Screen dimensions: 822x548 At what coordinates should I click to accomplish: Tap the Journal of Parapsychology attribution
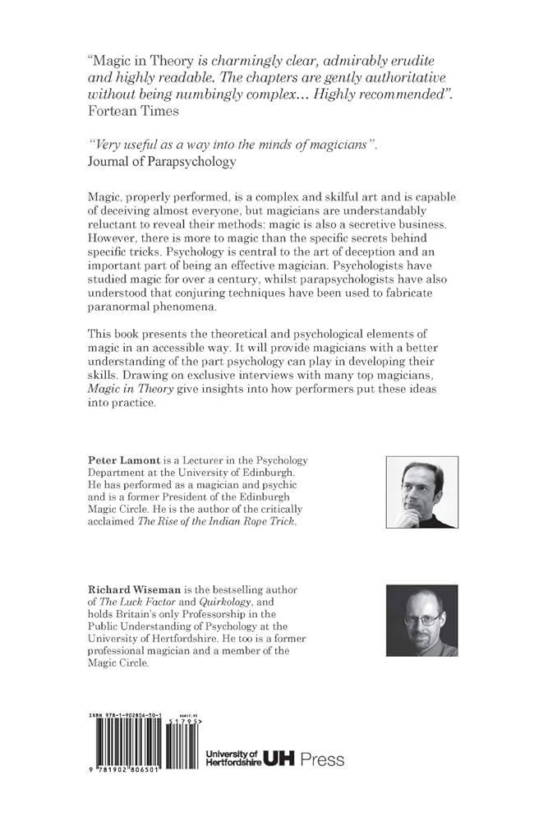point(161,161)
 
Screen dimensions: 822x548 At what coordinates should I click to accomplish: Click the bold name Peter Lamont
point(123,461)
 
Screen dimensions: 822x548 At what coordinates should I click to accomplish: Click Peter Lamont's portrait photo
point(421,492)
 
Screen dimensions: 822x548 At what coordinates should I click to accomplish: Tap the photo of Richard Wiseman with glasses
point(421,620)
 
